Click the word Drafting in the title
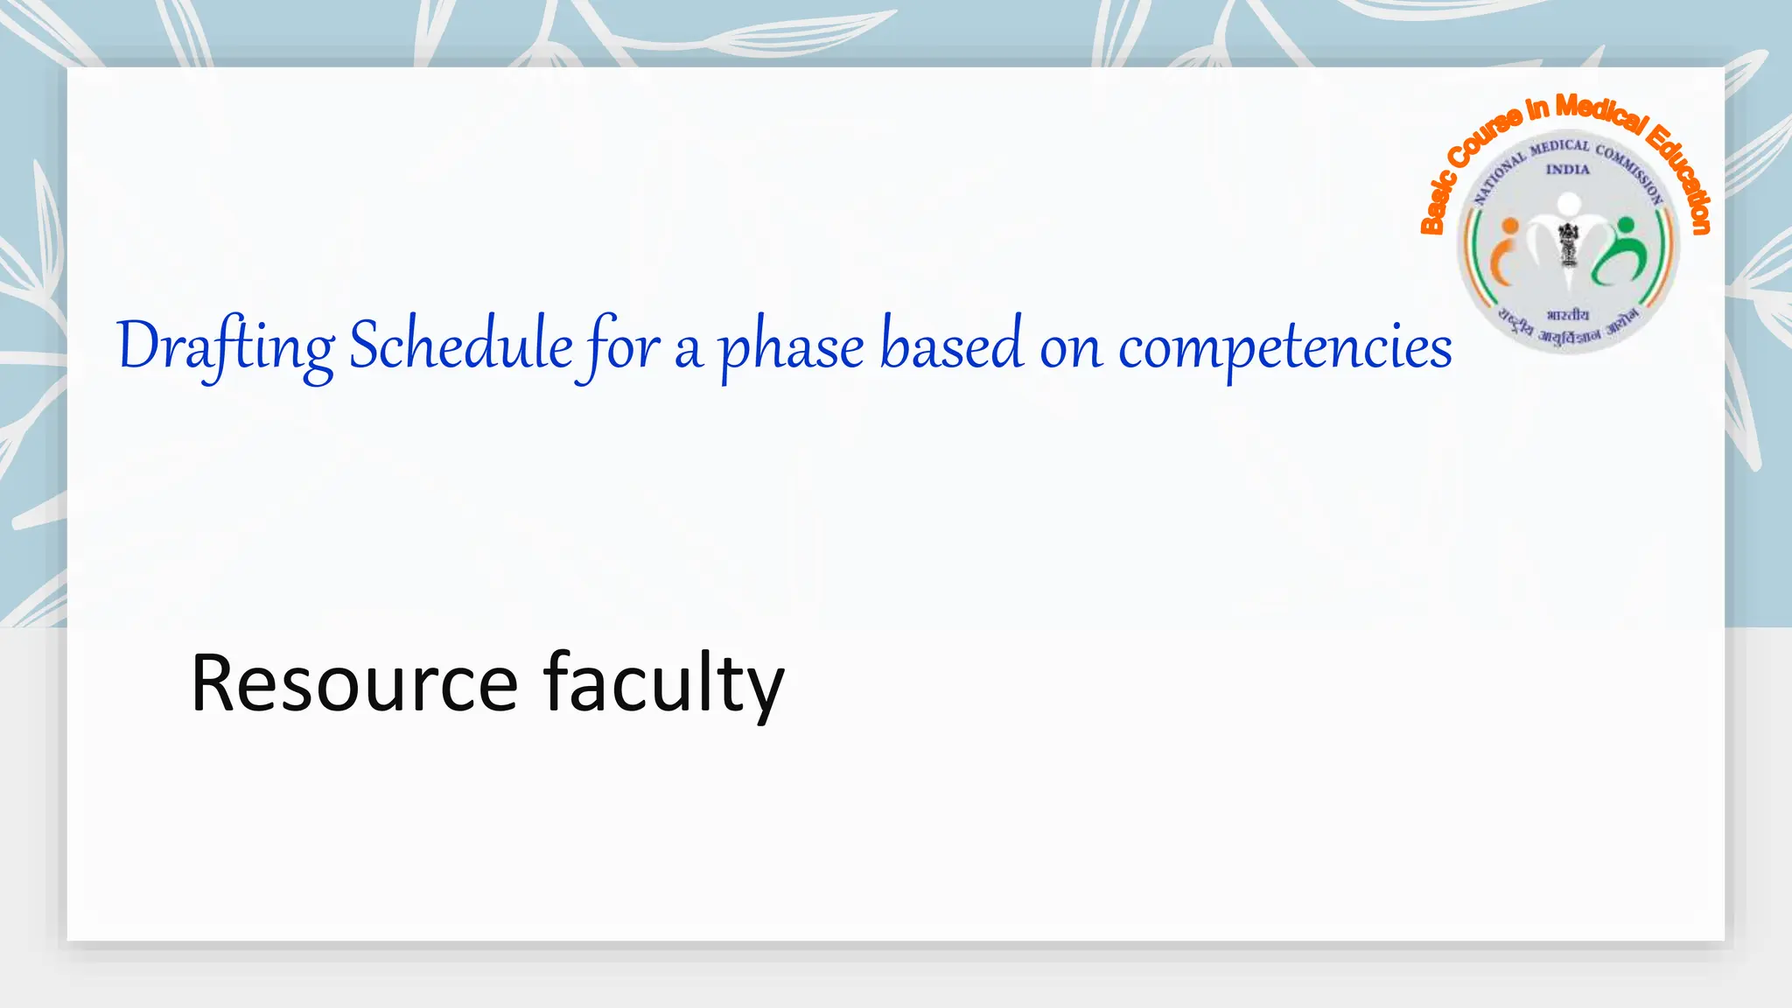(x=225, y=346)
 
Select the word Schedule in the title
(x=460, y=345)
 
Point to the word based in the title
(x=951, y=345)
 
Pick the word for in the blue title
(x=623, y=346)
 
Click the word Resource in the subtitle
(x=354, y=683)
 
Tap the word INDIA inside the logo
(x=1567, y=170)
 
